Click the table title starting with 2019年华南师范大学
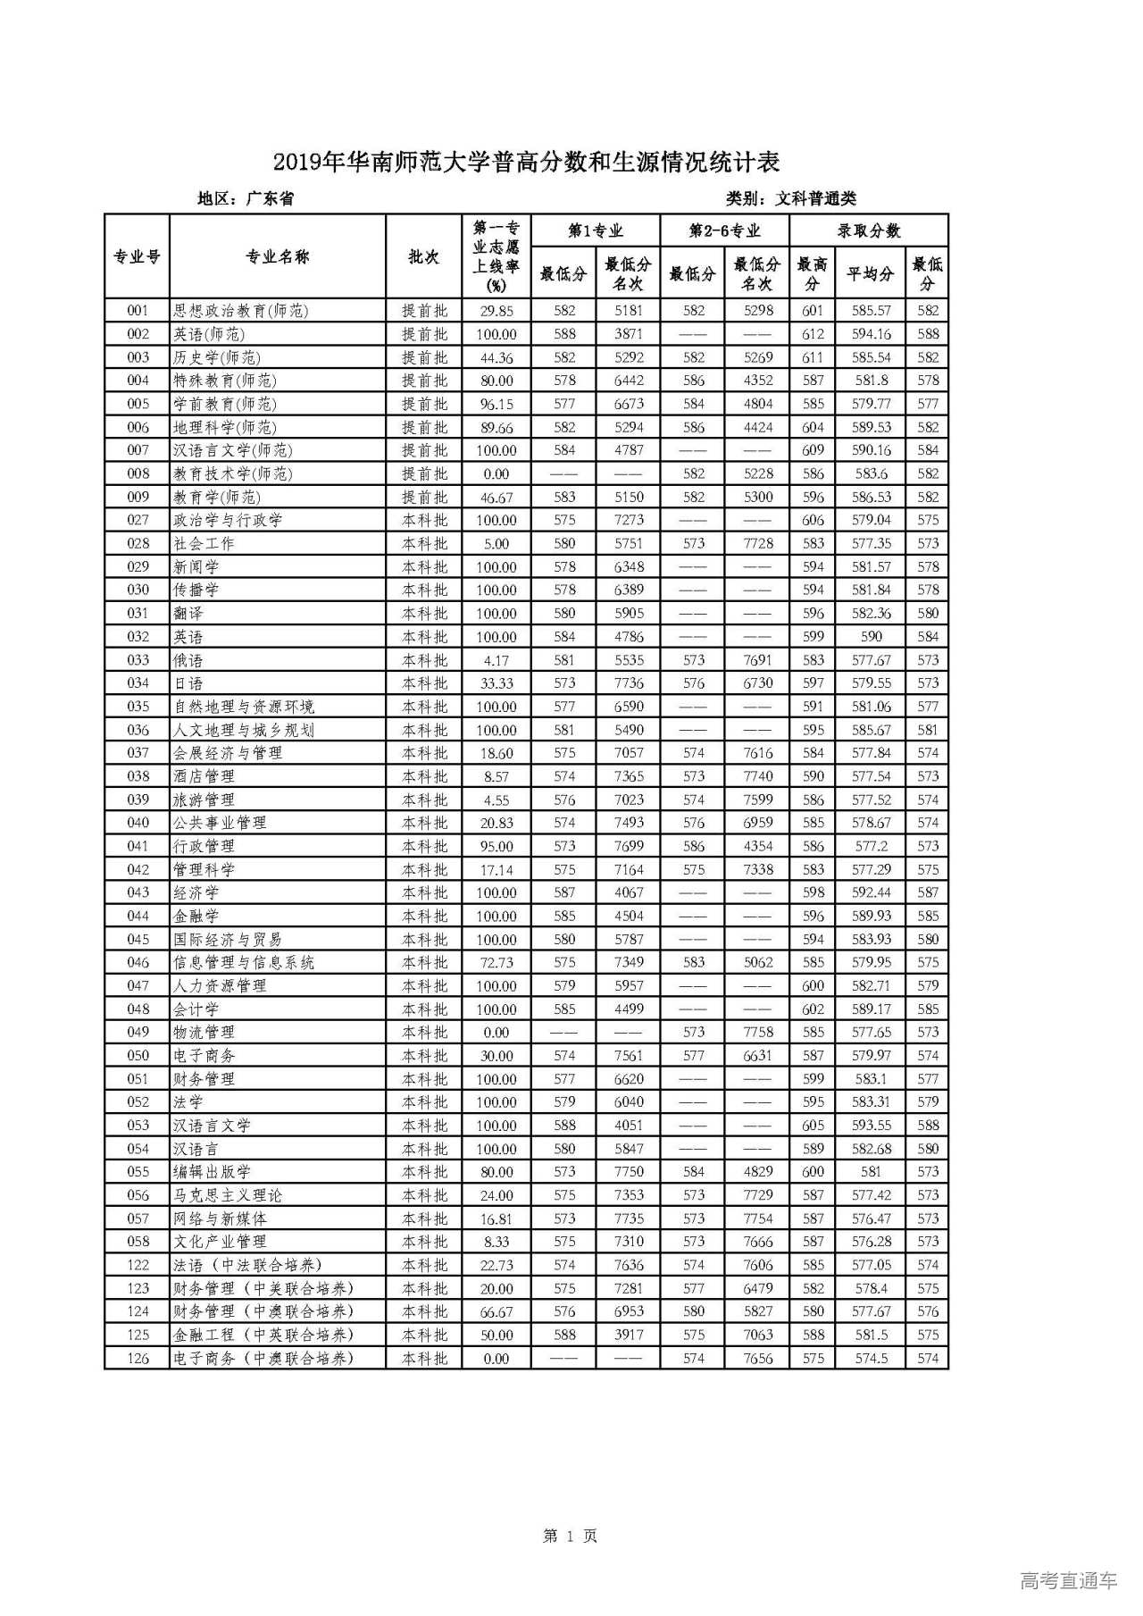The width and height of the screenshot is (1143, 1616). (526, 163)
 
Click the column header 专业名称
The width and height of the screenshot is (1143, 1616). (278, 257)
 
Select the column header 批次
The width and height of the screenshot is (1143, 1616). (424, 257)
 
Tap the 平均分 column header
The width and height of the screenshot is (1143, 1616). (871, 273)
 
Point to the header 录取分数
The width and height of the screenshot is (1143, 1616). (869, 230)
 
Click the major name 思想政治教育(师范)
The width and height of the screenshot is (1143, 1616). (240, 311)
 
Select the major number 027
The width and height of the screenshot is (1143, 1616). (138, 520)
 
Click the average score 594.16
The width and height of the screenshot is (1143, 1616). (871, 334)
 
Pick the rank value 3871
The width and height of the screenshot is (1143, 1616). (629, 334)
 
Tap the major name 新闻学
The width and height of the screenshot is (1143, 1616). (196, 566)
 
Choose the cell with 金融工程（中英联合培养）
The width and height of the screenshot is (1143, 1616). (263, 1335)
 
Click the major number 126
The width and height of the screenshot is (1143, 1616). (138, 1358)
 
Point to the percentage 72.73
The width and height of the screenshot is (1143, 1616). (496, 962)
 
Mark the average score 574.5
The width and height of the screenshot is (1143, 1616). (871, 1358)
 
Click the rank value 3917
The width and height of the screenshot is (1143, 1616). (629, 1335)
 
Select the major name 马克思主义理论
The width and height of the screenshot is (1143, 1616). (228, 1195)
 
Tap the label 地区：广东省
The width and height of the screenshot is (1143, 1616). (246, 198)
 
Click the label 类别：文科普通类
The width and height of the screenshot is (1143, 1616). (791, 198)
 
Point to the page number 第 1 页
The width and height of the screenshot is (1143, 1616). (570, 1536)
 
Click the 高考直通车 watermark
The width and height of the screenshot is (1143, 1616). (1068, 1579)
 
